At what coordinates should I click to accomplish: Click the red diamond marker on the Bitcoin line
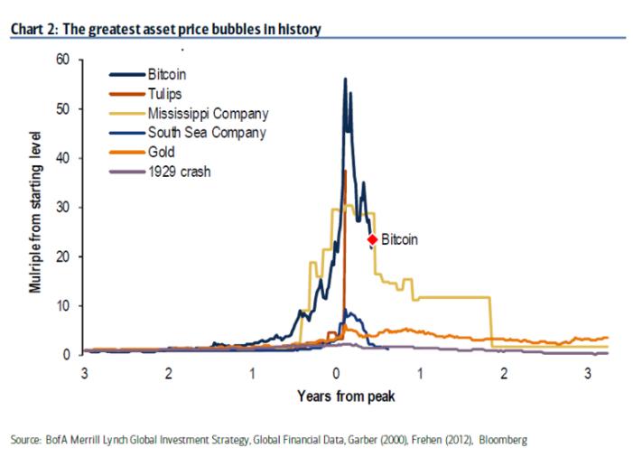click(371, 239)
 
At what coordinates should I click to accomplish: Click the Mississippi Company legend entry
click(209, 114)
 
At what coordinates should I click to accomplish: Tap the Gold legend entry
click(162, 152)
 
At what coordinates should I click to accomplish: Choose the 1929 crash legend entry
click(179, 171)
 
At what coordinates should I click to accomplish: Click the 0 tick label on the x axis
click(337, 372)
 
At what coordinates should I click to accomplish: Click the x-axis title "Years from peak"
click(345, 396)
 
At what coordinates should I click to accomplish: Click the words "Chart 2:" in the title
click(33, 29)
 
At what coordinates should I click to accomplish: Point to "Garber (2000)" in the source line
click(378, 440)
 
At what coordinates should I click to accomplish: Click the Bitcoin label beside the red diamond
click(399, 240)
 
